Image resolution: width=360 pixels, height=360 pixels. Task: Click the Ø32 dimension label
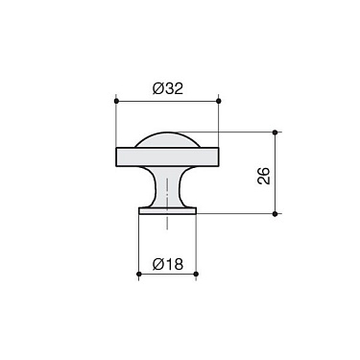pyautogui.click(x=169, y=89)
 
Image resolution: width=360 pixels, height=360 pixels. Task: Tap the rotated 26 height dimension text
pyautogui.click(x=265, y=175)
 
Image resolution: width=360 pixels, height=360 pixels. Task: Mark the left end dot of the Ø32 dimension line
pyautogui.click(x=115, y=100)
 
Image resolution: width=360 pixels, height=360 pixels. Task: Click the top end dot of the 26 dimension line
pyautogui.click(x=276, y=132)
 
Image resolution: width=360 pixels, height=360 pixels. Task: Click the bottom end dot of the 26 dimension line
pyautogui.click(x=276, y=214)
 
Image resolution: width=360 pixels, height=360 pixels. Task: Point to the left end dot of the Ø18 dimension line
pyautogui.click(x=139, y=276)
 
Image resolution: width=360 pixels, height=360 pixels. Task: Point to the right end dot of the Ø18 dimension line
pyautogui.click(x=196, y=276)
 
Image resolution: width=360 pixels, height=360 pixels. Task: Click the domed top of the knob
pyautogui.click(x=167, y=139)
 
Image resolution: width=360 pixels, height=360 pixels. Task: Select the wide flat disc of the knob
pyautogui.click(x=167, y=156)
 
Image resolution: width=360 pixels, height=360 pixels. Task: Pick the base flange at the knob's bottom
pyautogui.click(x=167, y=208)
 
